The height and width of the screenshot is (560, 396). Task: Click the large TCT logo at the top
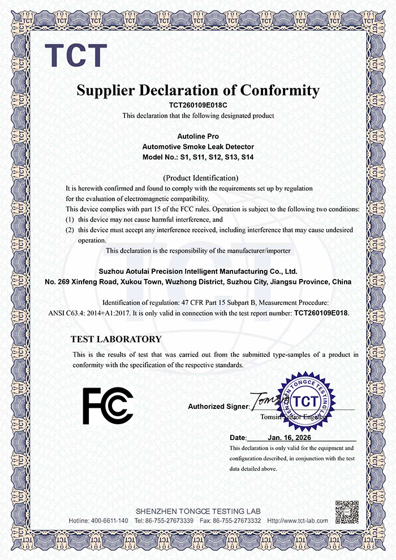(76, 54)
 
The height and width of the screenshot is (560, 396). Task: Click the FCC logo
(108, 405)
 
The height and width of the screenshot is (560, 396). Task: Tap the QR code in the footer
(346, 511)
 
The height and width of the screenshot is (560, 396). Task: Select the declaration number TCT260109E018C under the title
(198, 105)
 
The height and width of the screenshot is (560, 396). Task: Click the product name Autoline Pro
(198, 137)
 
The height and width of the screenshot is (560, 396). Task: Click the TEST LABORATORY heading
(116, 339)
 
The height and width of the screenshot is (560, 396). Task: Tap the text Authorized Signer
(218, 406)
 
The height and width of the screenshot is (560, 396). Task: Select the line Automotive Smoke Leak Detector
(198, 147)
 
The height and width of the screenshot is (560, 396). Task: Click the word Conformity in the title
(281, 90)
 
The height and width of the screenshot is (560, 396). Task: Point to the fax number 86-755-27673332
(238, 520)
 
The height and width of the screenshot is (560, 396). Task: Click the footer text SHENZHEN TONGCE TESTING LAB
(198, 511)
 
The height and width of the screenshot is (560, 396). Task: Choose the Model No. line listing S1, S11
(198, 156)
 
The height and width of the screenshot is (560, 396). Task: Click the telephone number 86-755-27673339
(170, 520)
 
